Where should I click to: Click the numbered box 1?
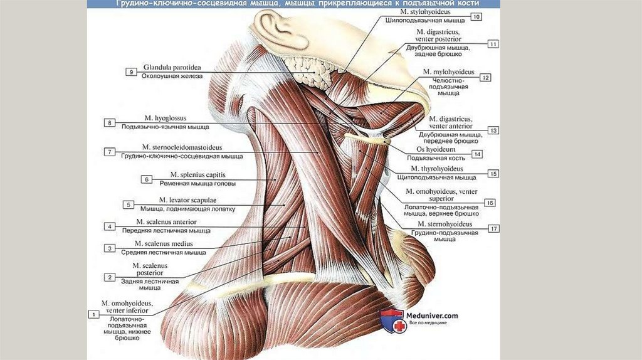93,314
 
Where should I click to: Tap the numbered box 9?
131,72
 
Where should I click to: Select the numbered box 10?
477,17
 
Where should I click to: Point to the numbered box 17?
494,229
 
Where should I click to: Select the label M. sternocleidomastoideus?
182,147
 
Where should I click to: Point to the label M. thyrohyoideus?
437,169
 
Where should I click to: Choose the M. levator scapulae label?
184,199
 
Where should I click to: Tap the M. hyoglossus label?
155,118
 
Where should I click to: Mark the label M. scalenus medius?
164,243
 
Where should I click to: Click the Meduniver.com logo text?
433,315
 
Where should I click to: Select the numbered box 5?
129,204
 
